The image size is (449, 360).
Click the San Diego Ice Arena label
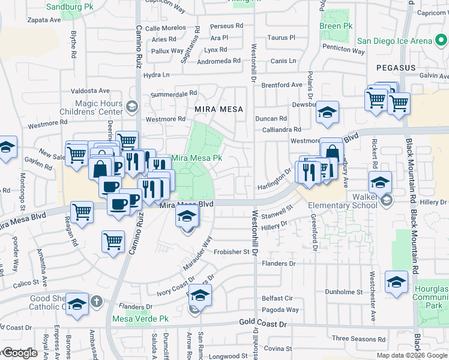pos(403,41)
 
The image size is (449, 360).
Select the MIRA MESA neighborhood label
pos(218,109)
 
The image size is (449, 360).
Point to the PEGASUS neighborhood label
pos(396,68)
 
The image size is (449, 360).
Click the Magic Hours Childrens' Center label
pos(99,107)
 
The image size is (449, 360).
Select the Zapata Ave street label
pos(44,20)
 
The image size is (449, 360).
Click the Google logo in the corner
pos(20,353)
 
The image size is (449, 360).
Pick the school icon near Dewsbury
pos(327,112)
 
